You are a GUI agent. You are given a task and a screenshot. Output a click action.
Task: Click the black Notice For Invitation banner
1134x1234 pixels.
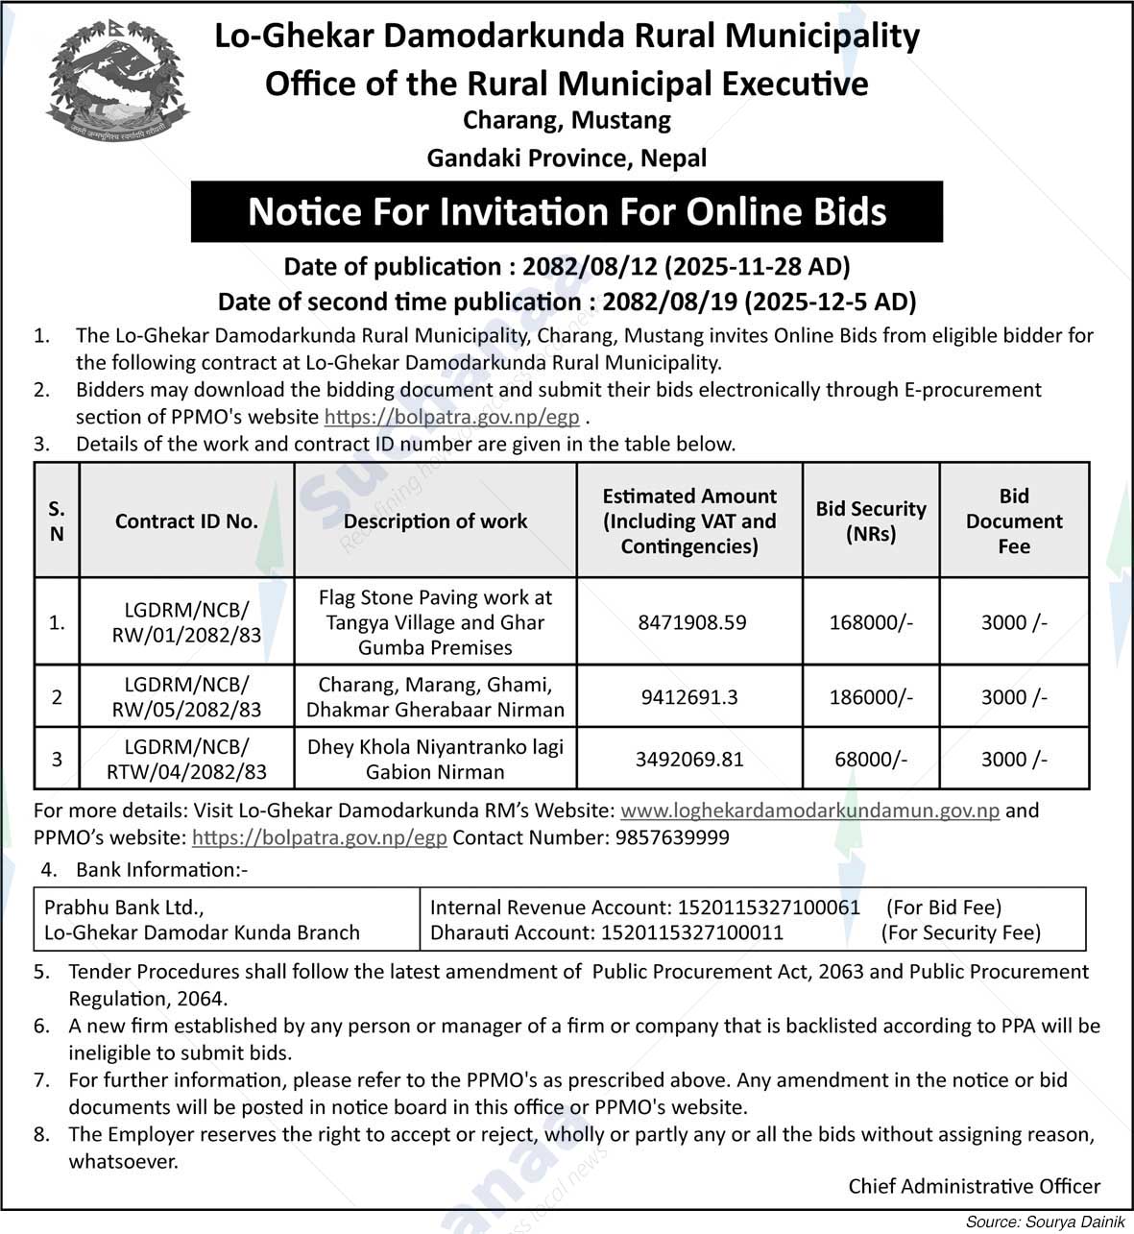point(567,211)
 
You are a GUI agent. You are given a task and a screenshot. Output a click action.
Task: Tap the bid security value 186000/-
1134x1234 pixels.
point(871,697)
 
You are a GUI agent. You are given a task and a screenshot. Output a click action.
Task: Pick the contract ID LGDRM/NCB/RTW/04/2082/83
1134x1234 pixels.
point(186,759)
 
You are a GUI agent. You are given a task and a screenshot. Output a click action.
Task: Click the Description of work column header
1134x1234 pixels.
point(435,520)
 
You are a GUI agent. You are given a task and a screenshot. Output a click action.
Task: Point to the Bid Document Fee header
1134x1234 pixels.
point(1014,520)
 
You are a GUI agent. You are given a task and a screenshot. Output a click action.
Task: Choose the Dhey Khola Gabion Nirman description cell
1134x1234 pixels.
point(435,759)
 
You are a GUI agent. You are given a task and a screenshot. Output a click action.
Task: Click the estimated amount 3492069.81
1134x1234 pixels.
point(689,759)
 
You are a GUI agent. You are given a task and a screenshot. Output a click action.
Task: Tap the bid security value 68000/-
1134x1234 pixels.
point(871,759)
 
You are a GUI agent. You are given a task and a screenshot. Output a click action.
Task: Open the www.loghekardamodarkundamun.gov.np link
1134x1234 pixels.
point(810,811)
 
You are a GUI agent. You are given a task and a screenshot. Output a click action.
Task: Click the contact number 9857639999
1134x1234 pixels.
point(669,837)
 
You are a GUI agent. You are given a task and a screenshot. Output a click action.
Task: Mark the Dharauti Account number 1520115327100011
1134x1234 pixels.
point(692,932)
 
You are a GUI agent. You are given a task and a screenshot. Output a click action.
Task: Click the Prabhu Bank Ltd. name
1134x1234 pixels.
point(124,907)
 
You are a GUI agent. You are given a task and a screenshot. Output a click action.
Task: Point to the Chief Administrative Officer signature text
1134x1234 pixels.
point(974,1187)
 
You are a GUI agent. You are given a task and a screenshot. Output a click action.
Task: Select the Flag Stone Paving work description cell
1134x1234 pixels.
point(435,622)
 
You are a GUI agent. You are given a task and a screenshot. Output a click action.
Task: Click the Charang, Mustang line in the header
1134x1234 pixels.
point(567,121)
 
